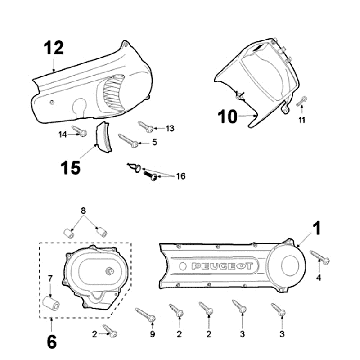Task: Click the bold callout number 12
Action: click(x=54, y=48)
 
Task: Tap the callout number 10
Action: click(x=228, y=117)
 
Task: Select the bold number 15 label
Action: click(x=71, y=168)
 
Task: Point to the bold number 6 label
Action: click(x=52, y=342)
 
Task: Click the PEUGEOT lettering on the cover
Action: click(x=225, y=266)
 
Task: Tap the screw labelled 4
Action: click(x=320, y=256)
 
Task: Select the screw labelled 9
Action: click(x=146, y=314)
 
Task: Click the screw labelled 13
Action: click(x=146, y=127)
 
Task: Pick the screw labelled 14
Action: click(x=79, y=131)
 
